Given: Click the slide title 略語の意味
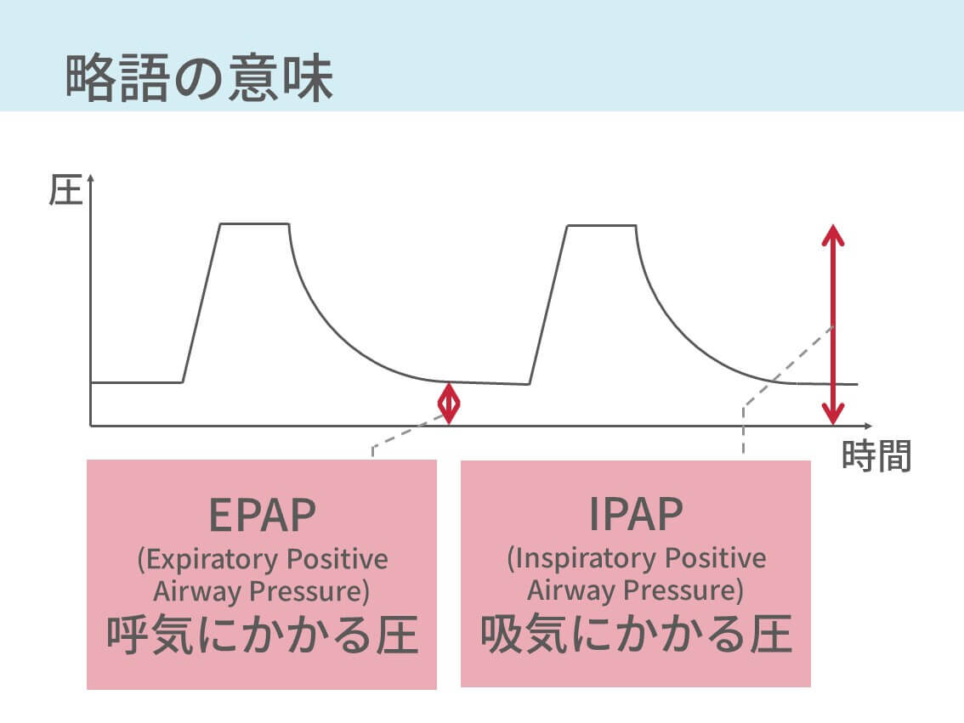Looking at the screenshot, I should [199, 78].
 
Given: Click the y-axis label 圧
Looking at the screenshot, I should [65, 192].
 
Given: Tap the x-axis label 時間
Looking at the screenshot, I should [876, 456].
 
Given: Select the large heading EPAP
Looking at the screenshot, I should [262, 516].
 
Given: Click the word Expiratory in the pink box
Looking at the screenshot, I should [207, 561].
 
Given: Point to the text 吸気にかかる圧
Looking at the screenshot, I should [636, 634].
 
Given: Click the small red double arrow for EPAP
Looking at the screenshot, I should [448, 403].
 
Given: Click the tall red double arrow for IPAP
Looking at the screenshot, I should [833, 324].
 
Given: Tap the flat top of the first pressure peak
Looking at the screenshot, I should [254, 223].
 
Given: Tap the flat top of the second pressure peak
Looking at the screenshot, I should [601, 225].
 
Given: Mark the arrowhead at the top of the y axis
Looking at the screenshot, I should [90, 180].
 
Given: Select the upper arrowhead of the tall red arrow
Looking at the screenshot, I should [833, 234].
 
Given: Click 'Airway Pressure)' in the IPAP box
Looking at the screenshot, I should [636, 590].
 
